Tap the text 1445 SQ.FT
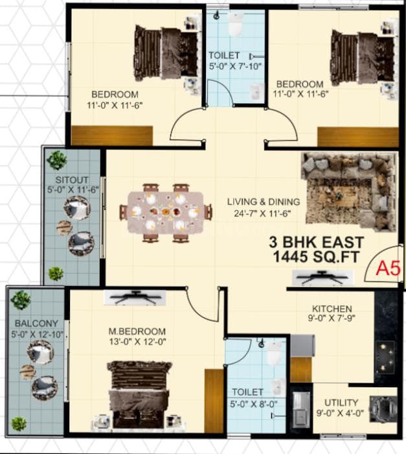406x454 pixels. click(317, 258)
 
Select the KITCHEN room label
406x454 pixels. click(332, 309)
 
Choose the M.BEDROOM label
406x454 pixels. click(137, 331)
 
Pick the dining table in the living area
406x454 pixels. click(165, 212)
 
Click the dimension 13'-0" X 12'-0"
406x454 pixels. click(137, 342)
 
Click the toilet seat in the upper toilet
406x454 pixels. click(235, 25)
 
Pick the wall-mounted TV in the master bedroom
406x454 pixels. click(135, 298)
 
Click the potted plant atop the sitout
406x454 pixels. click(57, 160)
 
